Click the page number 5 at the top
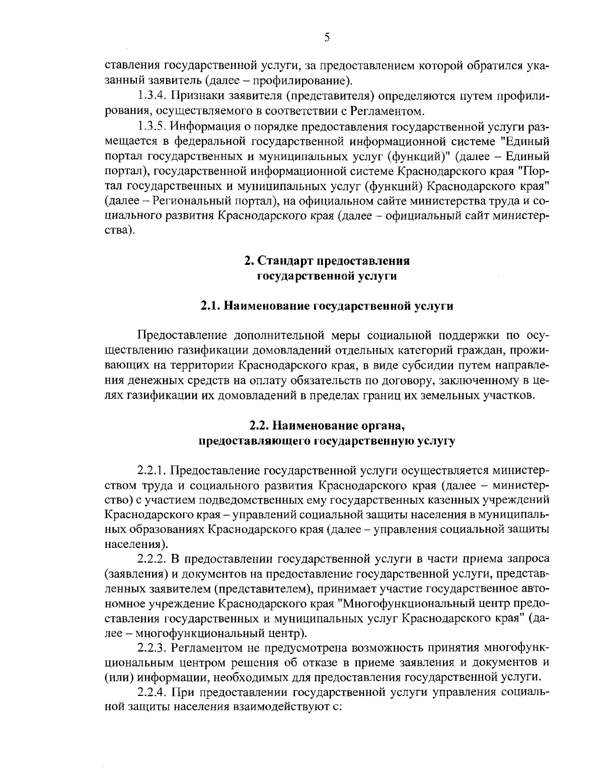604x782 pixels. click(x=327, y=38)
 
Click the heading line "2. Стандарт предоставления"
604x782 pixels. click(x=327, y=261)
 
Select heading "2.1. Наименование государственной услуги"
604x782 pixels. click(x=327, y=306)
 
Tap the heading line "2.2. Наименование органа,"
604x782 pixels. click(x=327, y=426)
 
